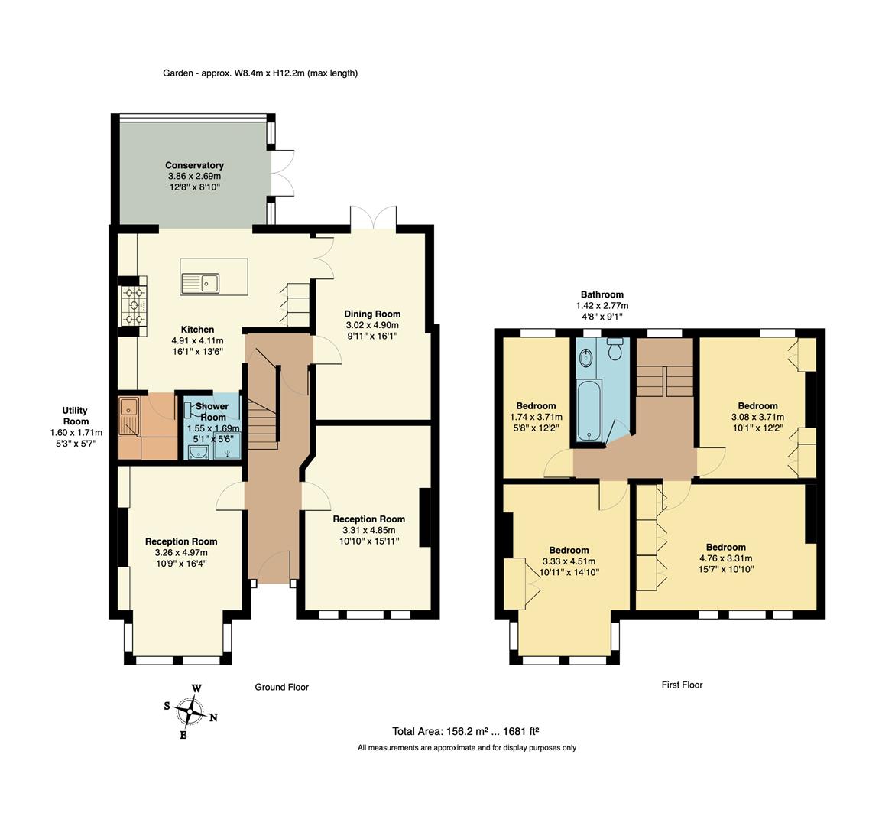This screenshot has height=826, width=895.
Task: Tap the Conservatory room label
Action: pos(194,165)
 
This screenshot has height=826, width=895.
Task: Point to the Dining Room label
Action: pos(372,314)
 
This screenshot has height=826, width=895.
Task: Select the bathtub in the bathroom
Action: pos(590,411)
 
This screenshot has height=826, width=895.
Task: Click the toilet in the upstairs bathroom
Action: pos(615,350)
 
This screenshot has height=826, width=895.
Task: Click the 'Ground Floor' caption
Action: pos(281,687)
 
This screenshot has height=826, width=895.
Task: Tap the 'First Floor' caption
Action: pos(682,685)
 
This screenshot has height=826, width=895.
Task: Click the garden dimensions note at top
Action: pos(261,73)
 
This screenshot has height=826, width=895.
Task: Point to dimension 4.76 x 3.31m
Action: pos(725,558)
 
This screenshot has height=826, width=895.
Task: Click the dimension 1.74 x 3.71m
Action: pos(536,417)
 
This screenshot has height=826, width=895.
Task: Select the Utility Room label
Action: pos(76,416)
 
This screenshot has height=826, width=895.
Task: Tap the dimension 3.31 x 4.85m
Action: pos(368,530)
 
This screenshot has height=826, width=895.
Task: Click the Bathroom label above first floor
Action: pos(602,294)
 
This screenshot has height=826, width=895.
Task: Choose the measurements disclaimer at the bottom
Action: pos(466,748)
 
